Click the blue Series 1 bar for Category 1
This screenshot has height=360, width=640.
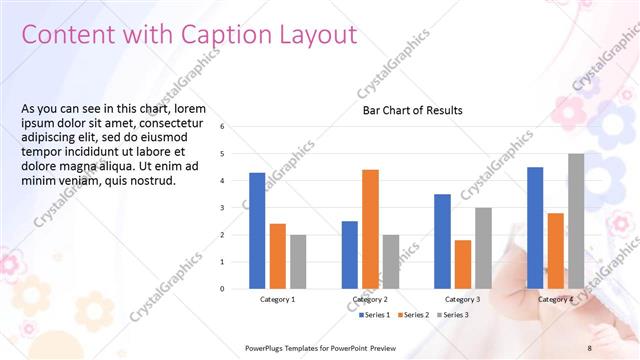(x=257, y=230)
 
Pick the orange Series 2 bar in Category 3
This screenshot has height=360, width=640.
(x=463, y=264)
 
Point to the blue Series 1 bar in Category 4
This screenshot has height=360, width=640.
(x=535, y=227)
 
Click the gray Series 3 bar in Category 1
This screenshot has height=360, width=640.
(x=298, y=261)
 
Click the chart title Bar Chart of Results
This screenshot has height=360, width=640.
(x=412, y=110)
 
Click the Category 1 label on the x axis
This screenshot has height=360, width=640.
(x=277, y=299)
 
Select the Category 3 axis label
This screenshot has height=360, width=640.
(x=462, y=299)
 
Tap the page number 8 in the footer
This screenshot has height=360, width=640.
(x=589, y=347)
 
